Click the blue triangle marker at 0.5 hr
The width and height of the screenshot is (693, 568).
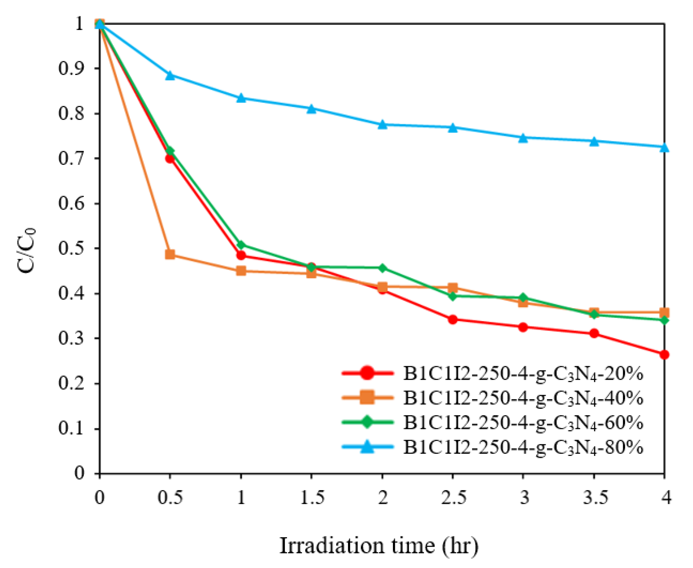tap(170, 76)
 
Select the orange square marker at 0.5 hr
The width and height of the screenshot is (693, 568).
tap(170, 255)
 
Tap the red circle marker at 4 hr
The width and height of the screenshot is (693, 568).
tap(664, 355)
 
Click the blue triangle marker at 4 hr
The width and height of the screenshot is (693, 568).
tap(664, 148)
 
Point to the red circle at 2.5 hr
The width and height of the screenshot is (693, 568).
tap(453, 320)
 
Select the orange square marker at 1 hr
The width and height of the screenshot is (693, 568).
tap(241, 271)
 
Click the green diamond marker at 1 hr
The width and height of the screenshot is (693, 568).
tap(241, 244)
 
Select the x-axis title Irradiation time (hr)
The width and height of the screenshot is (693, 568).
tap(379, 545)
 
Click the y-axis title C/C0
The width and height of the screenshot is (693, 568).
tap(26, 250)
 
